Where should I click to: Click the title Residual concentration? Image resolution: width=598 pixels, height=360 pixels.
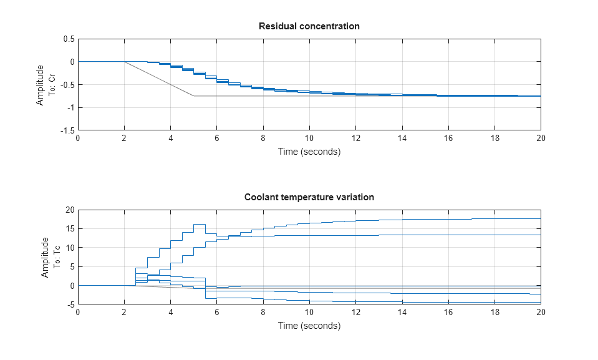tap(309, 27)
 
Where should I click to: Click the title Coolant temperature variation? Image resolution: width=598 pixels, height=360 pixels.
tap(309, 197)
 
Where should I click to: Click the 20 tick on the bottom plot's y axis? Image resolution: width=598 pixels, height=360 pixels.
tap(70, 210)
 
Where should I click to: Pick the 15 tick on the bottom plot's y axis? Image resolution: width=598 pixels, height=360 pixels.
tap(70, 229)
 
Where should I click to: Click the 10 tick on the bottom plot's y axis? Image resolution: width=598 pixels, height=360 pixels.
tap(70, 248)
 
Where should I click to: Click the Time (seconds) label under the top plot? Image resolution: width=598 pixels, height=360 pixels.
tap(309, 152)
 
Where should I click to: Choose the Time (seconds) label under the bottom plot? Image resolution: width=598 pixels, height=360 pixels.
tap(309, 326)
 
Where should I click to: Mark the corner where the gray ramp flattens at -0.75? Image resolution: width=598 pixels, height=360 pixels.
tap(194, 96)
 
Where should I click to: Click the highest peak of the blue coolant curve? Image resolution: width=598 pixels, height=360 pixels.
tap(200, 225)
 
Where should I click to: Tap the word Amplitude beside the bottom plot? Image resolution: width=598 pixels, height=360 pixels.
tap(44, 257)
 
